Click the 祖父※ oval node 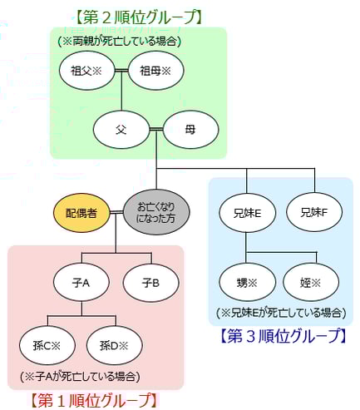click(x=85, y=71)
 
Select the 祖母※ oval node click(x=154, y=71)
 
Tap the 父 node click(x=120, y=130)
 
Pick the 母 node click(x=190, y=130)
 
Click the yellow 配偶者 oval click(x=81, y=214)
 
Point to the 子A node click(x=81, y=283)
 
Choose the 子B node click(x=150, y=283)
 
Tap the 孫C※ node click(x=47, y=343)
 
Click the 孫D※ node click(x=116, y=343)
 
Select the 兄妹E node click(x=247, y=213)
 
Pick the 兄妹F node click(x=314, y=213)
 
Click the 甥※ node click(x=247, y=282)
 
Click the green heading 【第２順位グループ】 click(x=138, y=16)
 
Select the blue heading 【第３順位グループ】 click(x=283, y=336)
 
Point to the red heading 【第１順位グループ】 click(x=93, y=400)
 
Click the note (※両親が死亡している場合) click(x=120, y=40)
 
